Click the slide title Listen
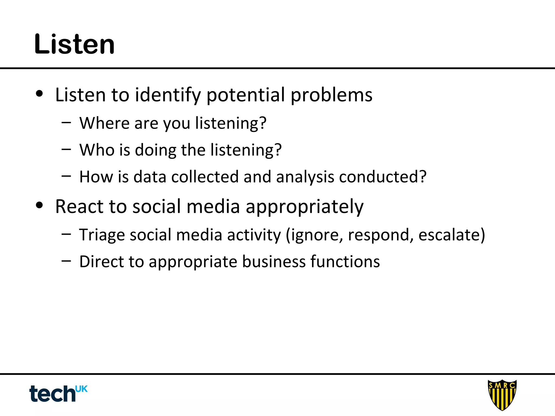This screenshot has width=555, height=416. pyautogui.click(x=75, y=44)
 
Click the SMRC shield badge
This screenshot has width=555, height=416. pyautogui.click(x=502, y=395)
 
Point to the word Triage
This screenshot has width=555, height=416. pyautogui.click(x=102, y=235)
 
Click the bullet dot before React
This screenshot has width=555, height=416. pyautogui.click(x=39, y=205)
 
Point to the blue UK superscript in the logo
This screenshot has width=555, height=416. pyautogui.click(x=81, y=389)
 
